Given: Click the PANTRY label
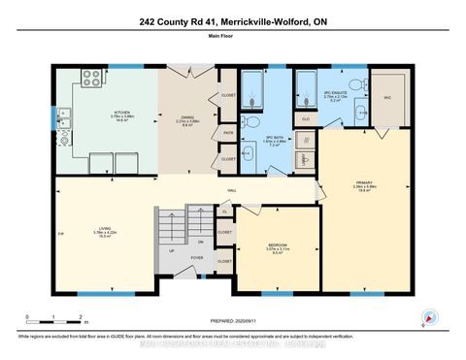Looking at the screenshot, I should (x=228, y=132).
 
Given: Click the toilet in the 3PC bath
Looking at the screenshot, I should (x=250, y=121).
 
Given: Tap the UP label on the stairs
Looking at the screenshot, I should (x=173, y=250).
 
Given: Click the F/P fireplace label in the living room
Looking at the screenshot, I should (x=60, y=234).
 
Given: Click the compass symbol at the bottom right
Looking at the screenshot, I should (x=430, y=315).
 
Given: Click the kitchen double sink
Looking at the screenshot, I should (x=63, y=118).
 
